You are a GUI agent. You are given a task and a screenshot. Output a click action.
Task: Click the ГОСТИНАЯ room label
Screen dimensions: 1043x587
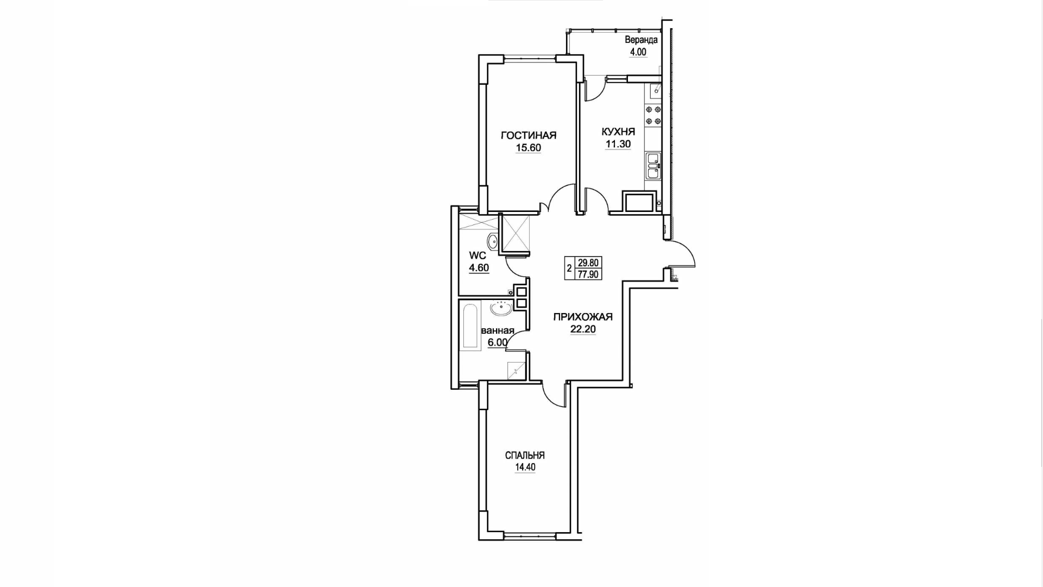click(529, 135)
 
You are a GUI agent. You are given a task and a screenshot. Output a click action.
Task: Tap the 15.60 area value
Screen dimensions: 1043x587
click(529, 148)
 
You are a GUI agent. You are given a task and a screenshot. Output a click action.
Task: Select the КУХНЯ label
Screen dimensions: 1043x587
click(618, 132)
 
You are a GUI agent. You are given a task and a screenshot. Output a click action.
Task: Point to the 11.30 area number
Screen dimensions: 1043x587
click(618, 144)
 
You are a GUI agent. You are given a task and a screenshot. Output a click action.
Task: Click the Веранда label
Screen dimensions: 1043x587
click(641, 40)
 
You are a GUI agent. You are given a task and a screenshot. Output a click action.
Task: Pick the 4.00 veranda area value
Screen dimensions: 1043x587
click(638, 52)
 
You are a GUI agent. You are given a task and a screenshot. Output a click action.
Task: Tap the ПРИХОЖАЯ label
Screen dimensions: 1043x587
click(583, 317)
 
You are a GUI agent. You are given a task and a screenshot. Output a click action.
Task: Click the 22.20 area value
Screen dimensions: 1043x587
click(583, 329)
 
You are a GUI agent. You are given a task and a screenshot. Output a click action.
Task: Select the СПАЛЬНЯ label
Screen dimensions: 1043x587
click(525, 455)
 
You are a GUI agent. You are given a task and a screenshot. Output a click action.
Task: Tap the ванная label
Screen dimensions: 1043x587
click(498, 330)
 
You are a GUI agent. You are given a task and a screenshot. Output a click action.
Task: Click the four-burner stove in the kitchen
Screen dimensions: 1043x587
click(653, 115)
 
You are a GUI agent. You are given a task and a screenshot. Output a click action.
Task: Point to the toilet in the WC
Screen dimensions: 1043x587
click(112, 241)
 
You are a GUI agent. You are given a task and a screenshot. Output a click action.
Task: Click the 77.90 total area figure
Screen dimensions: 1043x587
click(588, 274)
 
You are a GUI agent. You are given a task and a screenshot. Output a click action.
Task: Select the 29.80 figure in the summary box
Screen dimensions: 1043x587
click(588, 261)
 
